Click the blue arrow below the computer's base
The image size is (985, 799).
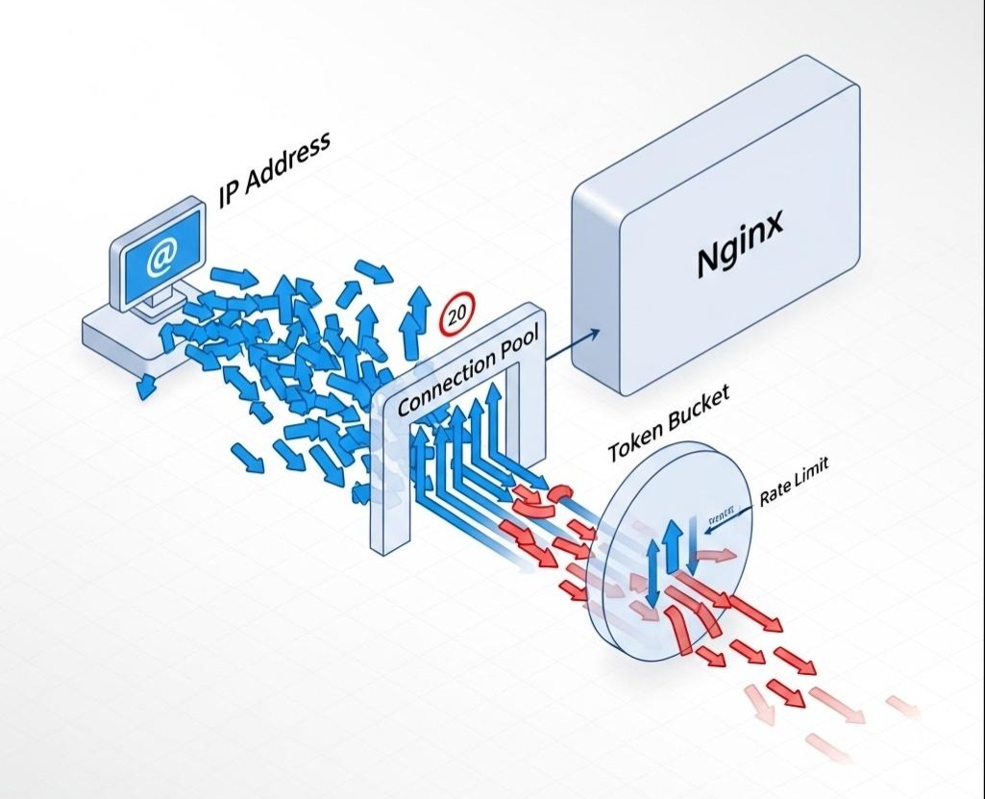[x=146, y=387]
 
